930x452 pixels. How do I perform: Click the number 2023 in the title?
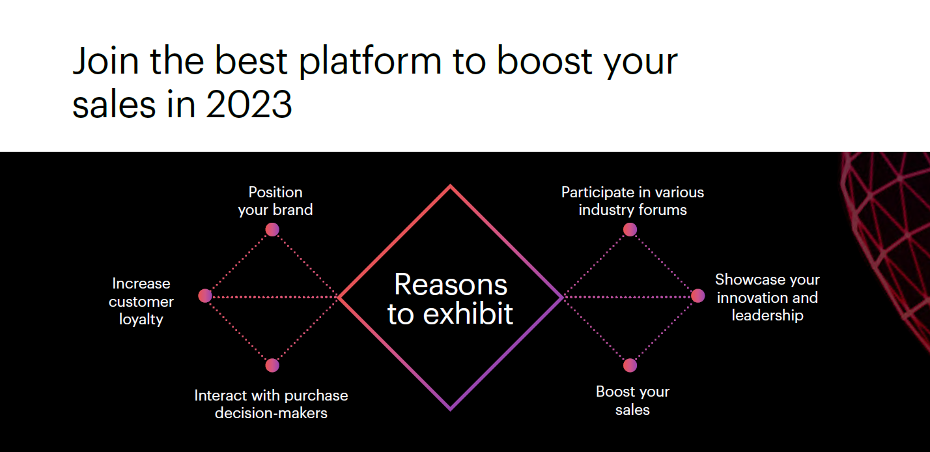coord(249,104)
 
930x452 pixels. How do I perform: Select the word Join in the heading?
coord(106,61)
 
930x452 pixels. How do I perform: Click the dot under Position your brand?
coord(272,229)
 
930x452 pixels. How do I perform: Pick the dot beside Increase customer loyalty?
coord(205,296)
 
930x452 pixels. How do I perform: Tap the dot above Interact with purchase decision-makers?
coord(272,365)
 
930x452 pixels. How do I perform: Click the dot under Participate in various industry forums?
coord(630,229)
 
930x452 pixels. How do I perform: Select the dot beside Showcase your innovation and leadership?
coord(698,296)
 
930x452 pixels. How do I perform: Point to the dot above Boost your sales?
coord(630,365)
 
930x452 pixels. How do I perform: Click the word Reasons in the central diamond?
coord(451,285)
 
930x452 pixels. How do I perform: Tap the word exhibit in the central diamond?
coord(468,313)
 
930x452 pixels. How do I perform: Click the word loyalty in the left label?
coord(141,320)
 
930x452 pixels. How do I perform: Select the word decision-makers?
coord(271,413)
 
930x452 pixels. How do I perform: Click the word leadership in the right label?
coord(768,315)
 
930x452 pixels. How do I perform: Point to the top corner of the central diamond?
coord(451,185)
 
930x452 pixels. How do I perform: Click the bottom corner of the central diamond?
coord(451,410)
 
